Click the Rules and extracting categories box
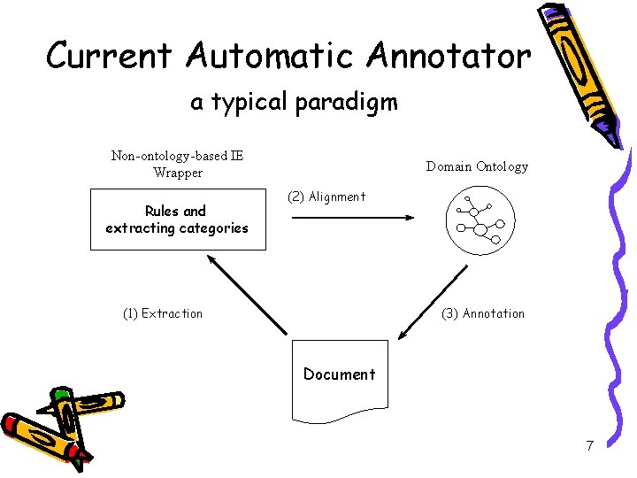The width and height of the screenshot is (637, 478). (x=177, y=220)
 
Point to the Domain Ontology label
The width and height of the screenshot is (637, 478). (x=477, y=166)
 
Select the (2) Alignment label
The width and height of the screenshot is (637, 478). (x=326, y=197)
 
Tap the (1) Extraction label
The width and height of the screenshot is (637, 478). (x=163, y=313)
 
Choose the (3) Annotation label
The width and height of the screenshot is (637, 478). (x=483, y=313)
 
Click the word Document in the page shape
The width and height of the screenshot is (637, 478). (x=340, y=374)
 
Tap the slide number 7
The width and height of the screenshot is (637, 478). (x=589, y=445)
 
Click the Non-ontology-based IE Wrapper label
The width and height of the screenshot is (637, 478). (x=178, y=165)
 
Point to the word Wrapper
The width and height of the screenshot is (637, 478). (x=178, y=173)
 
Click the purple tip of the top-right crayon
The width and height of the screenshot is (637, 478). (x=609, y=135)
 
